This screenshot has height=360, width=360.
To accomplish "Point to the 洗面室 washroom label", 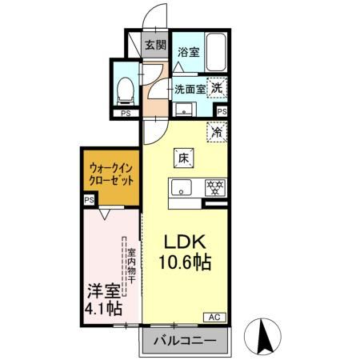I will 190,89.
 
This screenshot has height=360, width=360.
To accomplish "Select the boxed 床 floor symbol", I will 182,158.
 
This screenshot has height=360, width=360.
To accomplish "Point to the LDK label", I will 186,242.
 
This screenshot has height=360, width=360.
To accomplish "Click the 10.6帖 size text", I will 187,262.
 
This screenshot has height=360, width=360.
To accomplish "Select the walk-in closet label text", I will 111,174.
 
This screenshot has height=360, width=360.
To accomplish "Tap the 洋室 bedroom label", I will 101,290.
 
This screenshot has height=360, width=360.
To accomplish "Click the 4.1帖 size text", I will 101,308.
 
